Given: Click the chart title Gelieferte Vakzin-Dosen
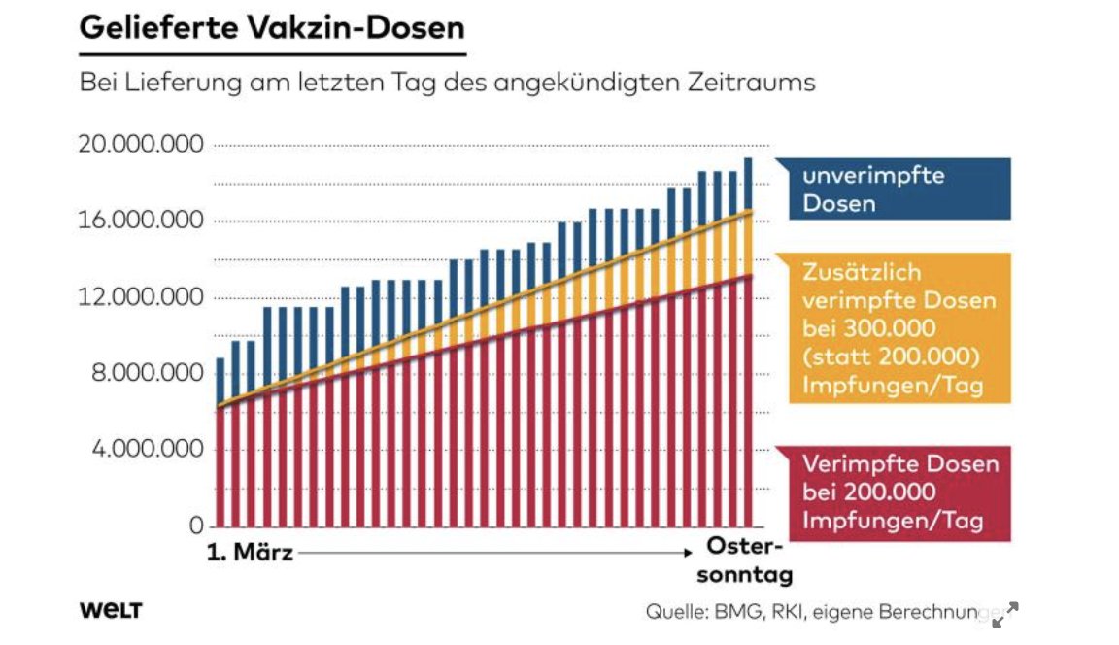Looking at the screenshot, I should click(x=272, y=27).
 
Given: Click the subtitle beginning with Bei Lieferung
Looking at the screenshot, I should click(x=447, y=82).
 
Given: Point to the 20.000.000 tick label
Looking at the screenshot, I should click(x=141, y=146).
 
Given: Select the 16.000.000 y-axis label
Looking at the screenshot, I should click(x=141, y=221).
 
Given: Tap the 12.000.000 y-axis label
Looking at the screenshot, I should click(x=141, y=297).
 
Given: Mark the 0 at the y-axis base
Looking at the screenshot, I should click(x=196, y=526).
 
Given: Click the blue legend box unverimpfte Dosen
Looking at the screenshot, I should click(x=892, y=189).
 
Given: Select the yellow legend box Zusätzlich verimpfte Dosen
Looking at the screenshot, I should click(x=892, y=328).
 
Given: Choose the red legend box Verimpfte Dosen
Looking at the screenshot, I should click(x=892, y=492).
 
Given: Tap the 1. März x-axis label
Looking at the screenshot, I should click(x=250, y=554).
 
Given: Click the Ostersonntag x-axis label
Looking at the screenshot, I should click(x=745, y=559).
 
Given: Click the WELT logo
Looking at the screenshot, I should click(x=111, y=611).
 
